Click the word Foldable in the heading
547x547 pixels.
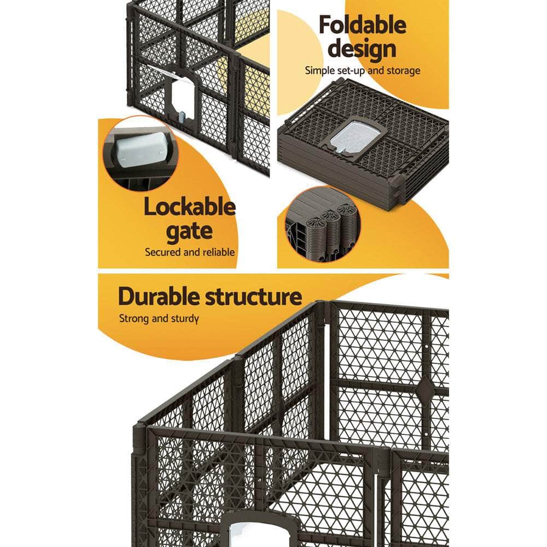[363, 25]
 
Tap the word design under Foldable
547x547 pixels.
[363, 49]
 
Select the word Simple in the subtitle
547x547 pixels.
[319, 71]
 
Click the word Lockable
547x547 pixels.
[189, 208]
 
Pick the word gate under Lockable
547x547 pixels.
[189, 231]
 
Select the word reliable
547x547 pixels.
[217, 252]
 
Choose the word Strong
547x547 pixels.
[134, 319]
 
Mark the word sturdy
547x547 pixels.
[183, 319]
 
